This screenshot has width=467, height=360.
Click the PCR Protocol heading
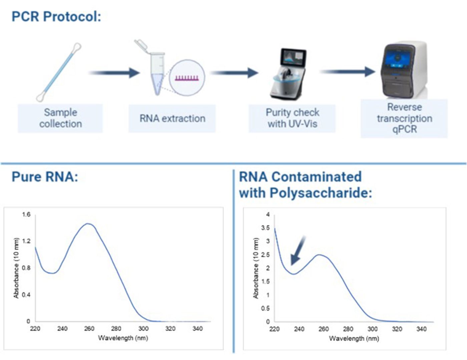[56, 17]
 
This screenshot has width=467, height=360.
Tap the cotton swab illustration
[59, 72]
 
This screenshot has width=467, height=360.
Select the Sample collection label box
[60, 118]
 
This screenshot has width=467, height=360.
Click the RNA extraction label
[172, 118]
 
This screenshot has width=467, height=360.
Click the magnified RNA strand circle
[187, 77]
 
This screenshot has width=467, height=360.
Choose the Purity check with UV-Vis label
[292, 118]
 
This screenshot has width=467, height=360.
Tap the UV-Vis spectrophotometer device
[288, 74]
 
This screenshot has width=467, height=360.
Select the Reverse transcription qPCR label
[404, 118]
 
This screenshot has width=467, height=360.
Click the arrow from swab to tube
[114, 73]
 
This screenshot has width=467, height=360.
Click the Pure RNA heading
[45, 177]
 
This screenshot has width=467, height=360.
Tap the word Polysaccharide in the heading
[321, 193]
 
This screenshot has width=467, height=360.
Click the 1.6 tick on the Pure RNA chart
[26, 214]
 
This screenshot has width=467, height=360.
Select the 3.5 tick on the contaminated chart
[265, 228]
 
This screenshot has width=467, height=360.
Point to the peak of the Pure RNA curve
[88, 224]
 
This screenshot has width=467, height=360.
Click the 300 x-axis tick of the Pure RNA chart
[143, 329]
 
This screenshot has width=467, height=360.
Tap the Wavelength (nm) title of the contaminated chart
[354, 339]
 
